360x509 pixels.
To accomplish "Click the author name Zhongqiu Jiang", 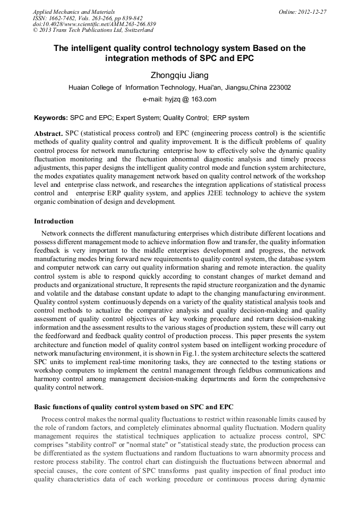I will point(180,76).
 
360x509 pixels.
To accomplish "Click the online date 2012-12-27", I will point(314,12).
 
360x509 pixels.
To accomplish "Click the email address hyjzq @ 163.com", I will point(179,99).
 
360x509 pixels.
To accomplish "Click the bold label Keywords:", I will point(51,118).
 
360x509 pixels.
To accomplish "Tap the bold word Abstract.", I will point(48,133).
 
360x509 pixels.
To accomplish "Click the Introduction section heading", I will point(54,221).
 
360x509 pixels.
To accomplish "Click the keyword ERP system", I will point(231,118).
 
